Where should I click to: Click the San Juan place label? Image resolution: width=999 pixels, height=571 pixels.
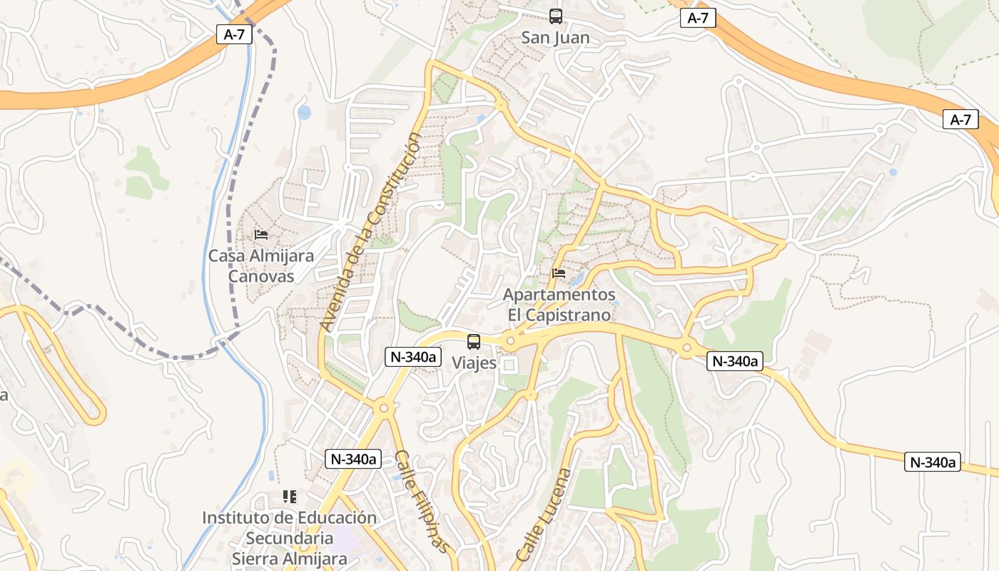(555, 37)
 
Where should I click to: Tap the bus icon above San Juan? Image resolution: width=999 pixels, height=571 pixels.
(555, 16)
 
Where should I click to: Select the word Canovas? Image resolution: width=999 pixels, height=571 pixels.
(260, 276)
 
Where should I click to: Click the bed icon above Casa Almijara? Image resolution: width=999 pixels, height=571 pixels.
(261, 234)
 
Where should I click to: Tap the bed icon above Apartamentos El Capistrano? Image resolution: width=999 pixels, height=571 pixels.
(559, 273)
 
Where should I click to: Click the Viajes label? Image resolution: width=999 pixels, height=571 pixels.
(474, 363)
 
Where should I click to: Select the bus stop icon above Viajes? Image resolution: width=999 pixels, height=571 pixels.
(474, 342)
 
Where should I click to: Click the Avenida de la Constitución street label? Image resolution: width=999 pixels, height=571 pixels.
(369, 231)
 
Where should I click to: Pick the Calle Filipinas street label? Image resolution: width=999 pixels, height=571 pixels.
(422, 501)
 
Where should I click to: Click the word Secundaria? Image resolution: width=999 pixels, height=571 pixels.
(289, 537)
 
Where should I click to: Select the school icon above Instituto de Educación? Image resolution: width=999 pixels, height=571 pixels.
(289, 496)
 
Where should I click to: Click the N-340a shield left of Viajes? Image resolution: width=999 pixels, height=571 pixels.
(414, 357)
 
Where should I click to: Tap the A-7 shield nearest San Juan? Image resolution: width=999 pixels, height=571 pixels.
(697, 18)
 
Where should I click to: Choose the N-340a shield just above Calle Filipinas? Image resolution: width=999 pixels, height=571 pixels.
(353, 459)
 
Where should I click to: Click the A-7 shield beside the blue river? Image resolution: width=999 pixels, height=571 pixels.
(235, 34)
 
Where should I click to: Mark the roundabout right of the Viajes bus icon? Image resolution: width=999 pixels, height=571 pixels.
(509, 341)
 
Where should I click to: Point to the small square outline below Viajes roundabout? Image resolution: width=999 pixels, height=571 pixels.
(509, 365)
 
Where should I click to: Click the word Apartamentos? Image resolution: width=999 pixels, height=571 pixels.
(559, 295)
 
